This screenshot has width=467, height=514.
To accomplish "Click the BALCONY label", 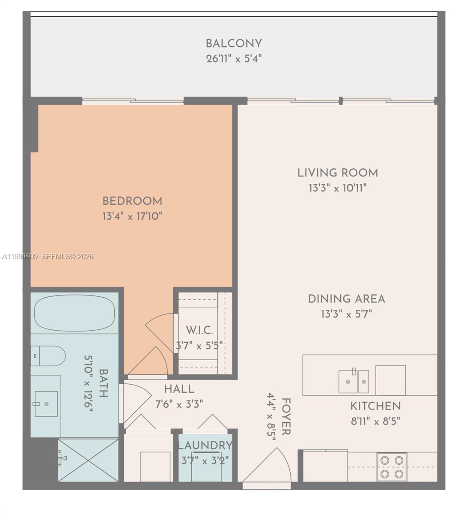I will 234,43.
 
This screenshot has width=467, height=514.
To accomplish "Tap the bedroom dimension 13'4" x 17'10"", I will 132,216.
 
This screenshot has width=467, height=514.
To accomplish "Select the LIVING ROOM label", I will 338,173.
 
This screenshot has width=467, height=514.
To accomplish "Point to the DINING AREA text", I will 346,299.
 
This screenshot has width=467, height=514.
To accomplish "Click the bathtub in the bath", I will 74,312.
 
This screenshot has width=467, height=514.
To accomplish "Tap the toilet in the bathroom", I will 49,356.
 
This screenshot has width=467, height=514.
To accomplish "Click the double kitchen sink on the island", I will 354,381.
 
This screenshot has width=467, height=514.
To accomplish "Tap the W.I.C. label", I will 199,330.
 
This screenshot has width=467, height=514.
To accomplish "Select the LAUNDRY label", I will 205,445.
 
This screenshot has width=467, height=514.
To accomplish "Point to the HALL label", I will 179,389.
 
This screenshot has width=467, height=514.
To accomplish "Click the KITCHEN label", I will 375,406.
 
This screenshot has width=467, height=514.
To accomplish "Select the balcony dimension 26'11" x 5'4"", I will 234,59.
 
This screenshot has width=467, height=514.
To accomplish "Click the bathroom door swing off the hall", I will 135,405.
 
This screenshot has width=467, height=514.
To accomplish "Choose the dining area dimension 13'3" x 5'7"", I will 346,314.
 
